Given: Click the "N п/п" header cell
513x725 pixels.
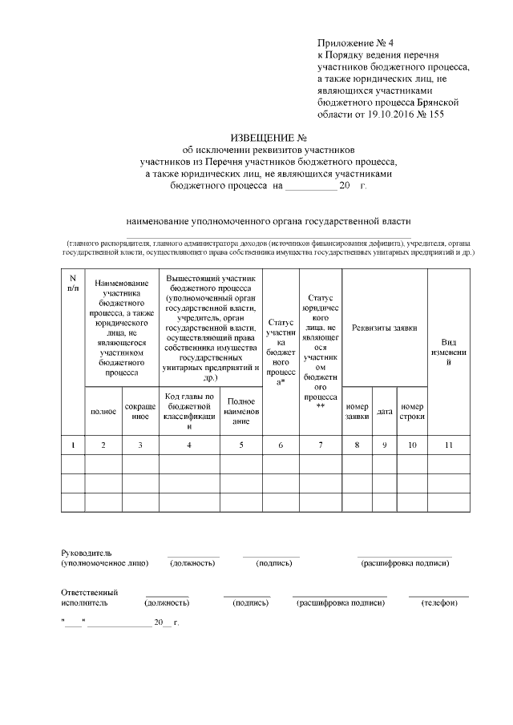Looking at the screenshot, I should coord(73,282).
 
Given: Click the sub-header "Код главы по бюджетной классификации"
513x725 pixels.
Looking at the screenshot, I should coord(189,411).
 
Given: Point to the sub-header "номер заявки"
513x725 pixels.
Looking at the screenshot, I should coord(357,411).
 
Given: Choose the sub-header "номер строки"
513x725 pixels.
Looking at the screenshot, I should coord(412,411).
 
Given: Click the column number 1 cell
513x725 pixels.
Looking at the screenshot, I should coord(73,444).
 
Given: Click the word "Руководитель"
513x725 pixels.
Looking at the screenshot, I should coord(87,553).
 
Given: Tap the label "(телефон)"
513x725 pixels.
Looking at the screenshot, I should coord(438,602).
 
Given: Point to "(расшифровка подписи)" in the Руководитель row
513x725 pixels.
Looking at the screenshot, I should coord(405,563).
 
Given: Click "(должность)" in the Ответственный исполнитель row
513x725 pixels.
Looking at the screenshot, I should coord(167,602).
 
